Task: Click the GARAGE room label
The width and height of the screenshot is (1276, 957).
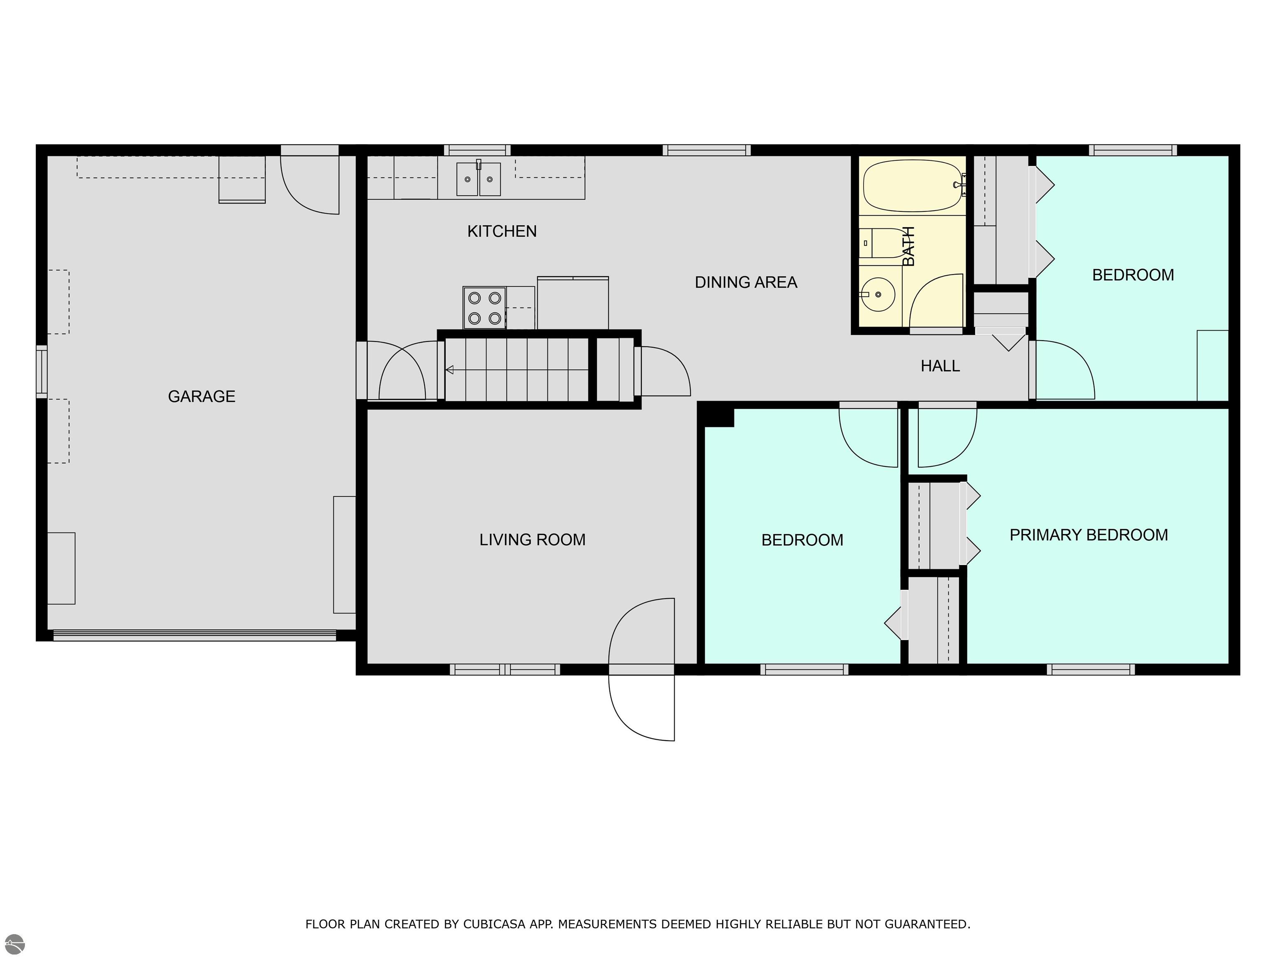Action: [x=201, y=396]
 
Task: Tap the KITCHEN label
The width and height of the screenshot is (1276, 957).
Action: [x=502, y=231]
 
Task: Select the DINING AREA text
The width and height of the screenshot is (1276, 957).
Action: [x=746, y=282]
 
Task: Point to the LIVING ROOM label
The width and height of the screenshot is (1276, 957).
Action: [x=532, y=540]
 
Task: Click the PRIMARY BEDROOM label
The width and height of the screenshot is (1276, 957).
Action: [x=1089, y=535]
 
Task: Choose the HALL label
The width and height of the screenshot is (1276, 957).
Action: [x=940, y=366]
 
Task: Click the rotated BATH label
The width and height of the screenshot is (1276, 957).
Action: [x=908, y=246]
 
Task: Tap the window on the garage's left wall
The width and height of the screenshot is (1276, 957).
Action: [x=42, y=371]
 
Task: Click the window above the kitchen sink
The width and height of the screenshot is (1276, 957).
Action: [x=477, y=150]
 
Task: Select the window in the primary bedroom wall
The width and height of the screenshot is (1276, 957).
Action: [x=1091, y=669]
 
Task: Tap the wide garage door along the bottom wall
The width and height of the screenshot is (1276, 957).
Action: [x=194, y=635]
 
